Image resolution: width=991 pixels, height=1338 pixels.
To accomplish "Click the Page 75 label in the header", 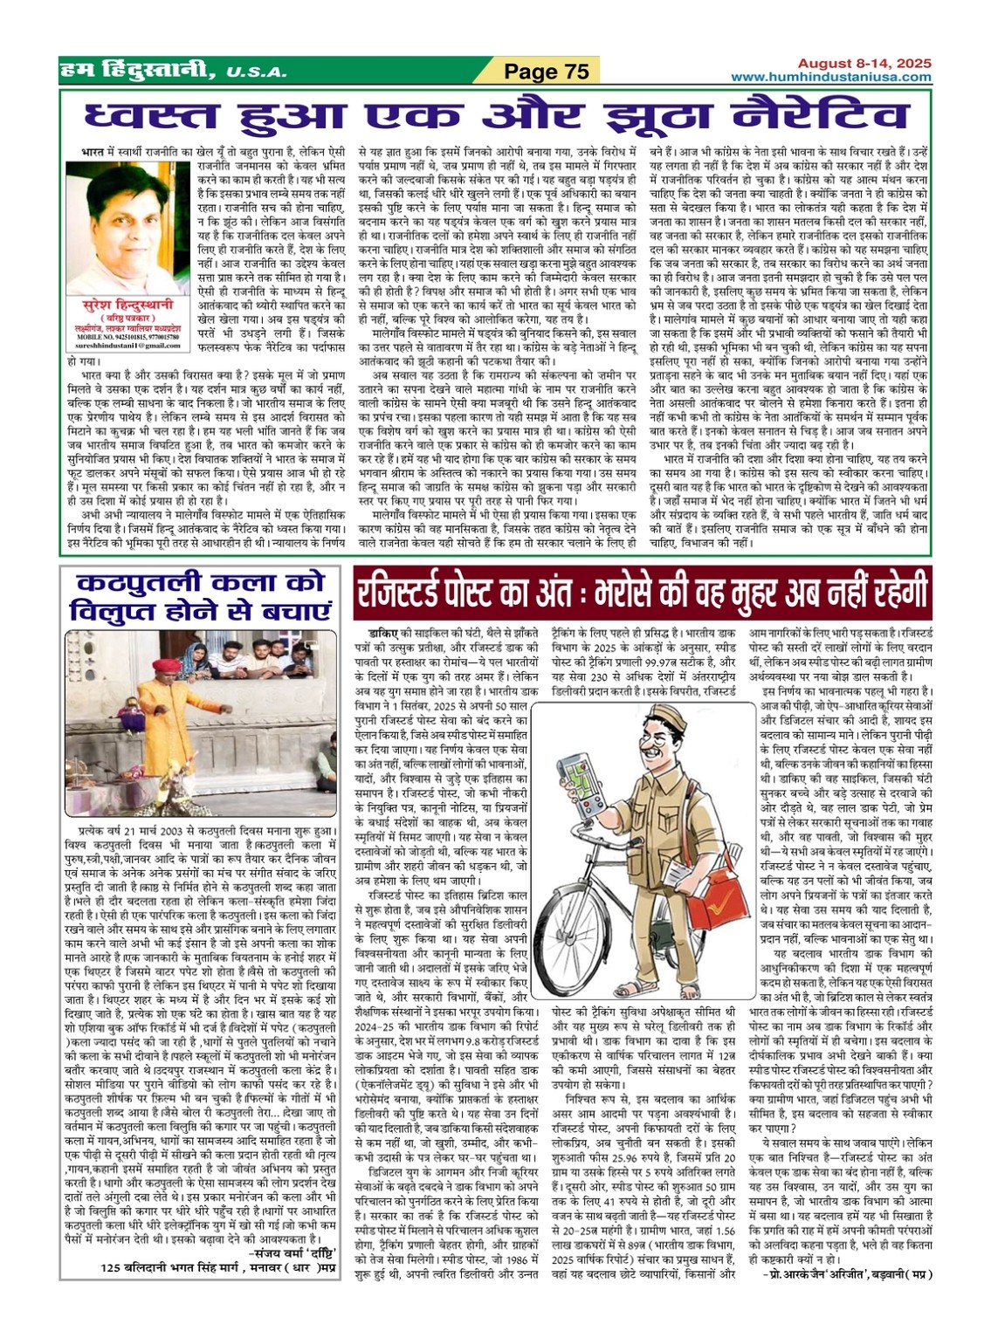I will coord(547,72).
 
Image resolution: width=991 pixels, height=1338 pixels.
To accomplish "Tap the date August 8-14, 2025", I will coord(864,64).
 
